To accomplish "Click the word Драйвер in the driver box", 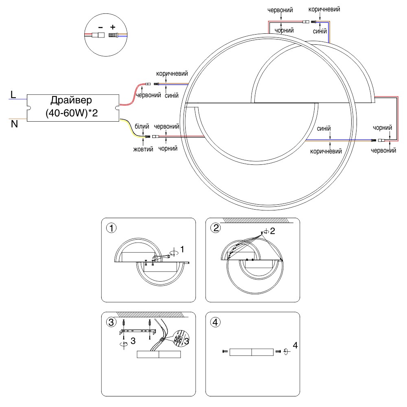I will coord(72,100).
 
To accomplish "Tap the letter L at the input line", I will coord(13,95).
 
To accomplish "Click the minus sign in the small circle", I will coord(100,28).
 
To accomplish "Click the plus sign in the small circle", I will coord(113,28).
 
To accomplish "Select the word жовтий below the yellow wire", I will coord(143,149).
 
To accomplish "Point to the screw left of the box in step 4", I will coord(225,351).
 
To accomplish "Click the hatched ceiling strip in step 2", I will coord(256,220).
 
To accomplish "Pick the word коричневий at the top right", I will coord(324,9).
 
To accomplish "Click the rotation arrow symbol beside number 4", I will coord(286,351).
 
